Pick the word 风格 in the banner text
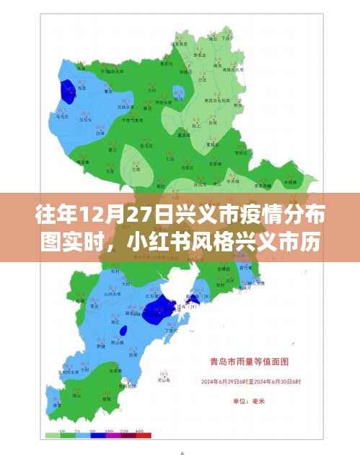point(216,239)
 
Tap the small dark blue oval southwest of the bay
point(123,331)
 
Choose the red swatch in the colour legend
point(144,435)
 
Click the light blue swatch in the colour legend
point(82,435)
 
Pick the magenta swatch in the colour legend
point(114,435)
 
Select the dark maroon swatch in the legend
point(128,435)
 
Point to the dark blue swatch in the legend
point(98,435)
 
